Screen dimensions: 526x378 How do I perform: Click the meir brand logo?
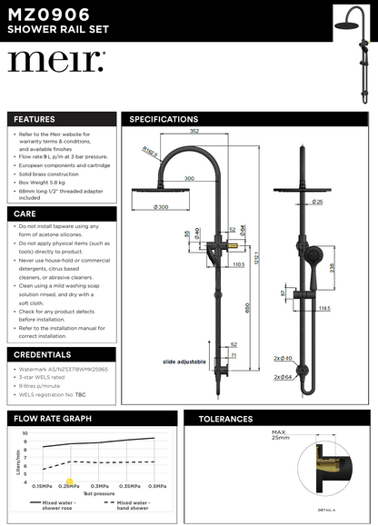click(56, 62)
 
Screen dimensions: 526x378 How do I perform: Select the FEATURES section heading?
click(34, 119)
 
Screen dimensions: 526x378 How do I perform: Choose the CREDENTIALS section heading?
click(44, 354)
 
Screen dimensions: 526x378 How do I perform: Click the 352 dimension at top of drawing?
click(194, 131)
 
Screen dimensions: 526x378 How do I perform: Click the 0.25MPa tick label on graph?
click(69, 486)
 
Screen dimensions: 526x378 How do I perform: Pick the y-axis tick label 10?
click(25, 433)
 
